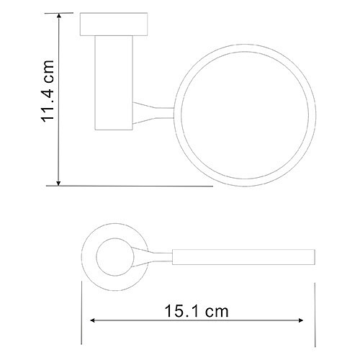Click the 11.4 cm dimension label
(x=48, y=91)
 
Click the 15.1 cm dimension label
(x=197, y=311)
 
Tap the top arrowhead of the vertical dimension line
(x=58, y=16)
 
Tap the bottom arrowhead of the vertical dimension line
(x=58, y=183)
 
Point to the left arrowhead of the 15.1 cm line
(x=93, y=320)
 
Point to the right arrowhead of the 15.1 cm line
(x=300, y=320)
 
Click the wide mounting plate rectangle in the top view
(x=114, y=24)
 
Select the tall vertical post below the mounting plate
(x=114, y=83)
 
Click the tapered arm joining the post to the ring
(x=153, y=113)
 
